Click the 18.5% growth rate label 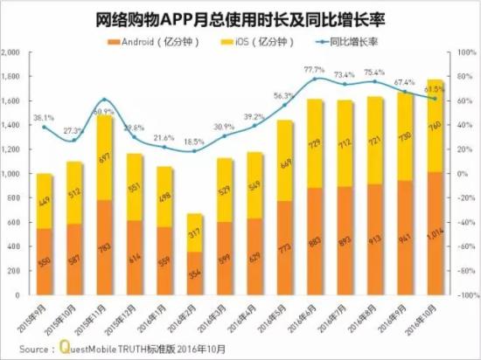point(194,142)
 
